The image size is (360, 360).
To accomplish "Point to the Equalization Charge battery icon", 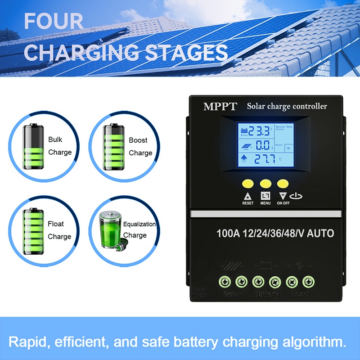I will (110, 229).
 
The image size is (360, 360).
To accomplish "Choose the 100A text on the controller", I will (228, 233).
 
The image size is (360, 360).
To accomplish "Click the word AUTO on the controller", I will (320, 233).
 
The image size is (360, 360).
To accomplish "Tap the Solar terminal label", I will (233, 294).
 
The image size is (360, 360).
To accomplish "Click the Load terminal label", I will (299, 294).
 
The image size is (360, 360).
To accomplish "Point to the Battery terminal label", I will (265, 294).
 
